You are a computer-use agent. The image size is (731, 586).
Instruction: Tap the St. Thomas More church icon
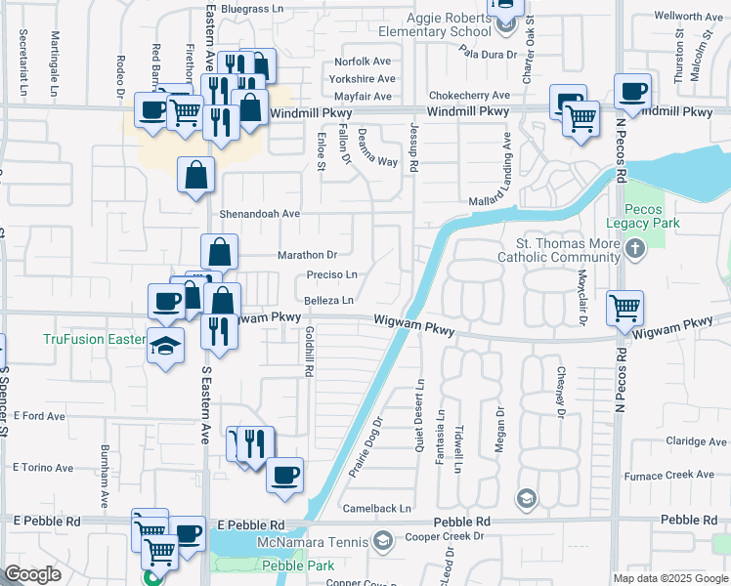point(635,249)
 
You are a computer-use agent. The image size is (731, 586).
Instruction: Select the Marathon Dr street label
point(307,255)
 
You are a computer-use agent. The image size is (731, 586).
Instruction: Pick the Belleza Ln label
point(327,300)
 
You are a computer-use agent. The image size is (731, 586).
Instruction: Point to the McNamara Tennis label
point(312,542)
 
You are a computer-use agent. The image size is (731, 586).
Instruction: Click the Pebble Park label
point(297,565)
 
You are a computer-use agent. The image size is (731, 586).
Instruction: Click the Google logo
point(32,574)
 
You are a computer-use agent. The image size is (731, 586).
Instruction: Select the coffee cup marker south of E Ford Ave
point(284,475)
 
